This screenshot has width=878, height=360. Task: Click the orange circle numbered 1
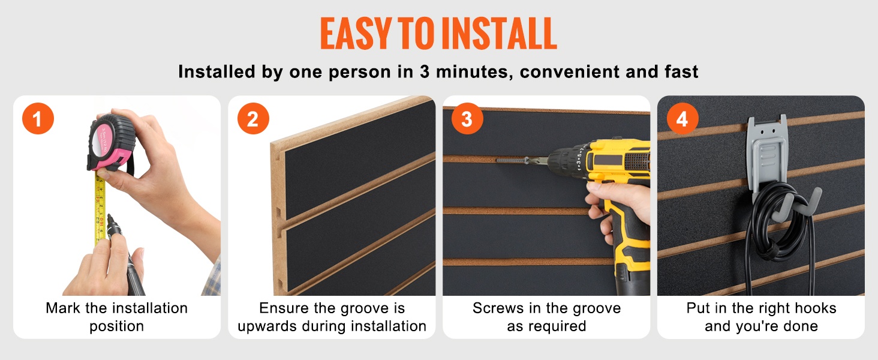[x=38, y=118]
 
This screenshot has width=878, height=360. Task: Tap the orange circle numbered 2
[x=253, y=118]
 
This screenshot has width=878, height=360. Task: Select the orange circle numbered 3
[x=467, y=118]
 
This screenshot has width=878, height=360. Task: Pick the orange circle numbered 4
[x=682, y=118]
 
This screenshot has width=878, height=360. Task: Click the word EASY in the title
[x=356, y=34]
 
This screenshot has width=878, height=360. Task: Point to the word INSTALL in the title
[x=499, y=34]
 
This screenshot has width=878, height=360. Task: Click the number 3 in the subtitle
[x=425, y=72]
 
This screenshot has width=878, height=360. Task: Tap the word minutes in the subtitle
[x=474, y=72]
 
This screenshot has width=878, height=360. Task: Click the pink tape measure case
[x=112, y=143]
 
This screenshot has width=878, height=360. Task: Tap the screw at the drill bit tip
[x=511, y=160]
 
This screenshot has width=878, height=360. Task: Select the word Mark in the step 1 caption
[x=64, y=308]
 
